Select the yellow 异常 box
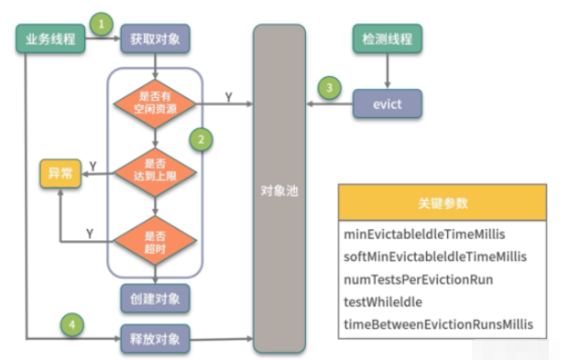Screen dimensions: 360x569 point(60,173)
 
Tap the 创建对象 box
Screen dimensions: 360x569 point(154,298)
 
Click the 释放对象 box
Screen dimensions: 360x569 point(154,338)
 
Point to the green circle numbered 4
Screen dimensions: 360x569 point(71,322)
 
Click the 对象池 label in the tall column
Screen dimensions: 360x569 point(279,194)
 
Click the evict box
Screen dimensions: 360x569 point(389,104)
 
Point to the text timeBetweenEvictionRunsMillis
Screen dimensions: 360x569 point(437,323)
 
